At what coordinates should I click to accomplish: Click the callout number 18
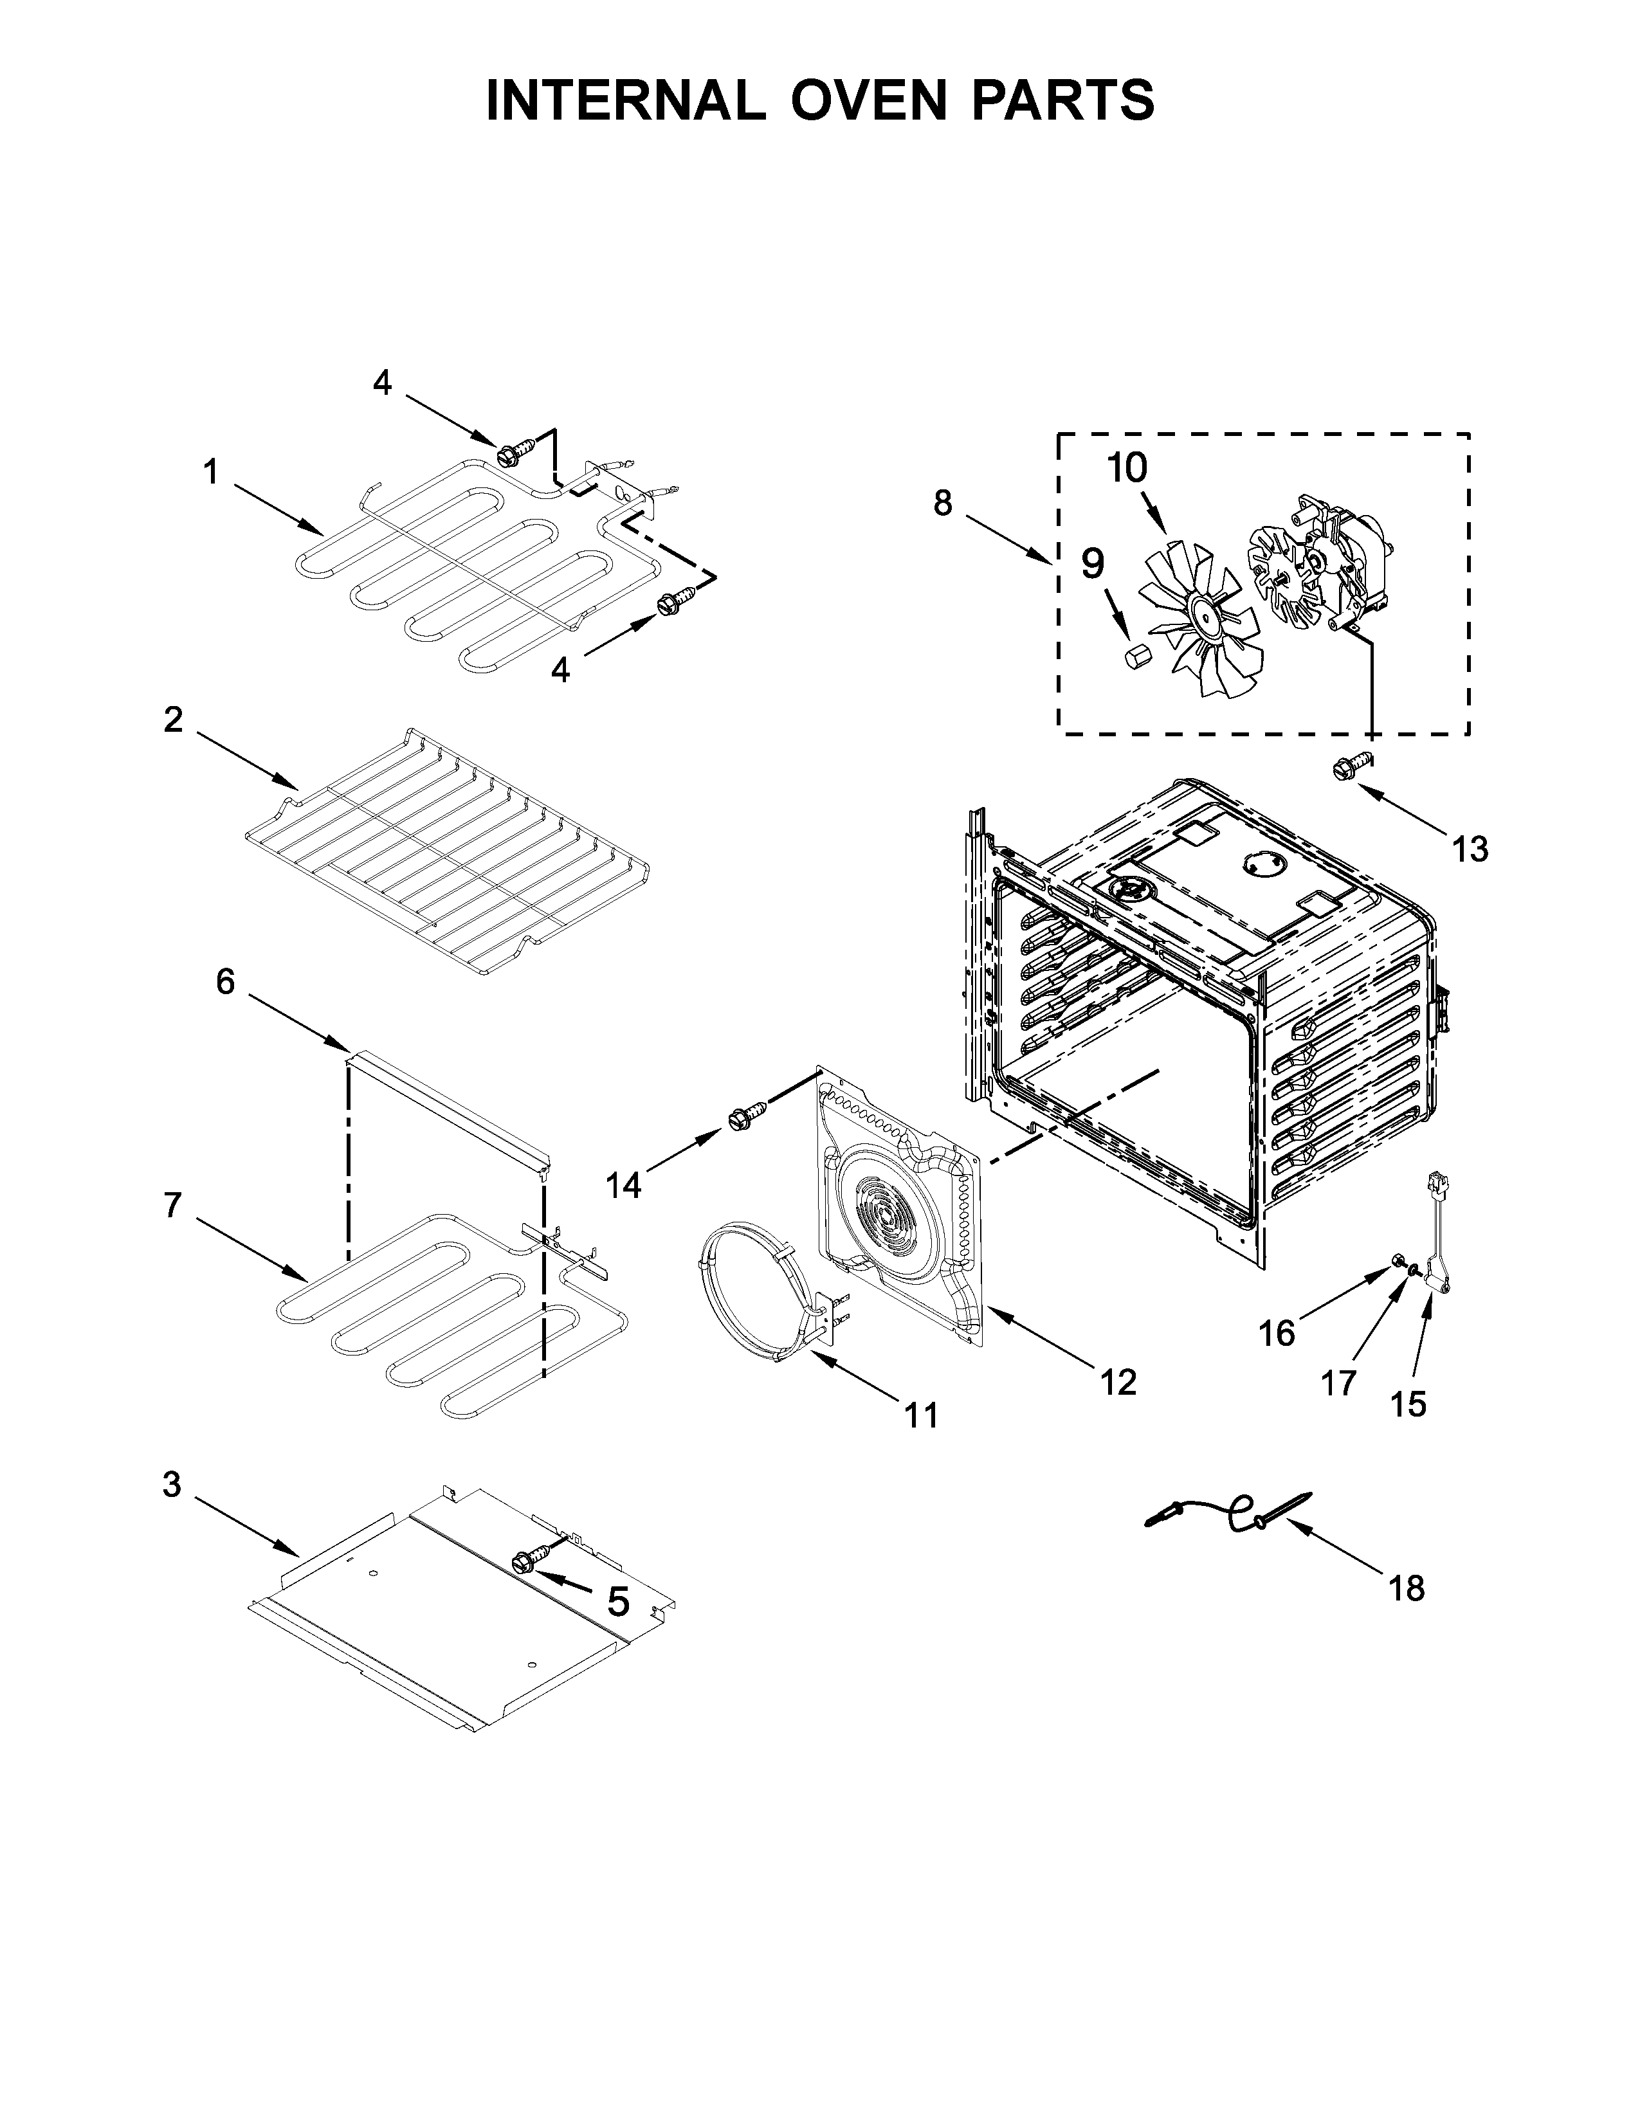[x=1407, y=1588]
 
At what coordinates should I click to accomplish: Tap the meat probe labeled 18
[x=1229, y=1514]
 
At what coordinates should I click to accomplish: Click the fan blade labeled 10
[x=1199, y=618]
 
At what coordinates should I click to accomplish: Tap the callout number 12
[x=1118, y=1382]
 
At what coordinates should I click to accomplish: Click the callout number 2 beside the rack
[x=173, y=720]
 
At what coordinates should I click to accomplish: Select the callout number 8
[x=942, y=503]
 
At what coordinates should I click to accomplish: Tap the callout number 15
[x=1408, y=1403]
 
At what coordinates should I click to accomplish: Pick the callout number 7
[x=173, y=1206]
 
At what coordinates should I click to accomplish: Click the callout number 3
[x=172, y=1485]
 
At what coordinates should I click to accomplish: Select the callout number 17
[x=1338, y=1383]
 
